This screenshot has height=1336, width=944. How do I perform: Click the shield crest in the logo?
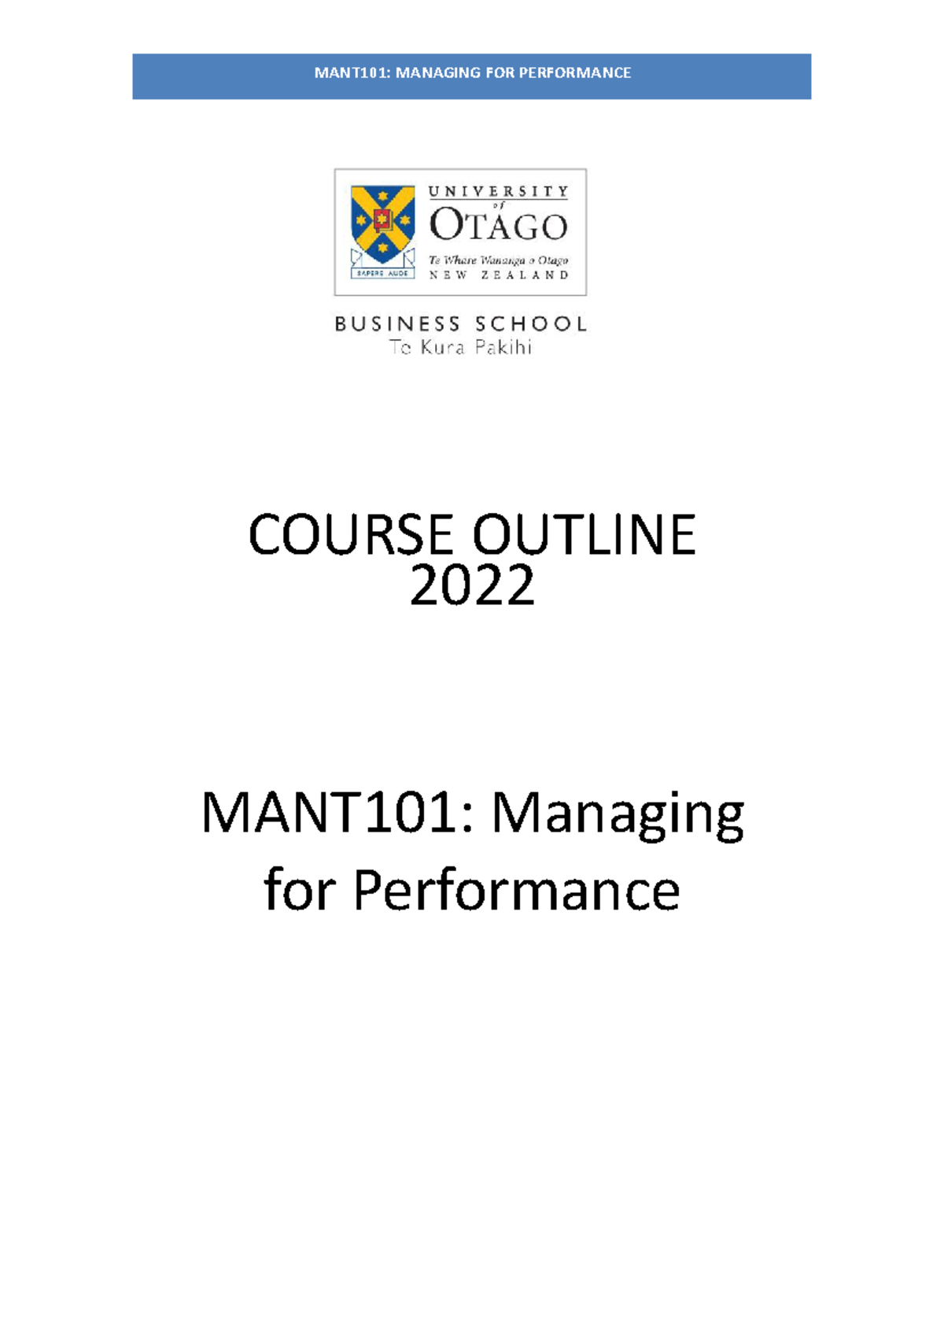pyautogui.click(x=383, y=223)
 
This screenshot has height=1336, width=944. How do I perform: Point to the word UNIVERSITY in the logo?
pyautogui.click(x=497, y=191)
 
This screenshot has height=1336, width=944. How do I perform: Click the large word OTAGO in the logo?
pyautogui.click(x=498, y=227)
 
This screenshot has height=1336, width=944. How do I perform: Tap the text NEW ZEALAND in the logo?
pyautogui.click(x=498, y=275)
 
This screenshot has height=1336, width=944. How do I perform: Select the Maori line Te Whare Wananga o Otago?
pyautogui.click(x=498, y=260)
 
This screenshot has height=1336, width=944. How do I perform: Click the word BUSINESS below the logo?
pyautogui.click(x=397, y=324)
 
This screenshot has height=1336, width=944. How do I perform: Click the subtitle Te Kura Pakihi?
pyautogui.click(x=461, y=347)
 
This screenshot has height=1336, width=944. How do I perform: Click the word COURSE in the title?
pyautogui.click(x=353, y=535)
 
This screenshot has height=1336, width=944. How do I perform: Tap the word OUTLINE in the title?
pyautogui.click(x=584, y=535)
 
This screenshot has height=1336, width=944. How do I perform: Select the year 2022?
pyautogui.click(x=472, y=586)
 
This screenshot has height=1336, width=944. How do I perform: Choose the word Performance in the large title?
pyautogui.click(x=516, y=891)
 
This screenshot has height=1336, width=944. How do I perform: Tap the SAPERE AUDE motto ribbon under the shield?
pyautogui.click(x=383, y=273)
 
